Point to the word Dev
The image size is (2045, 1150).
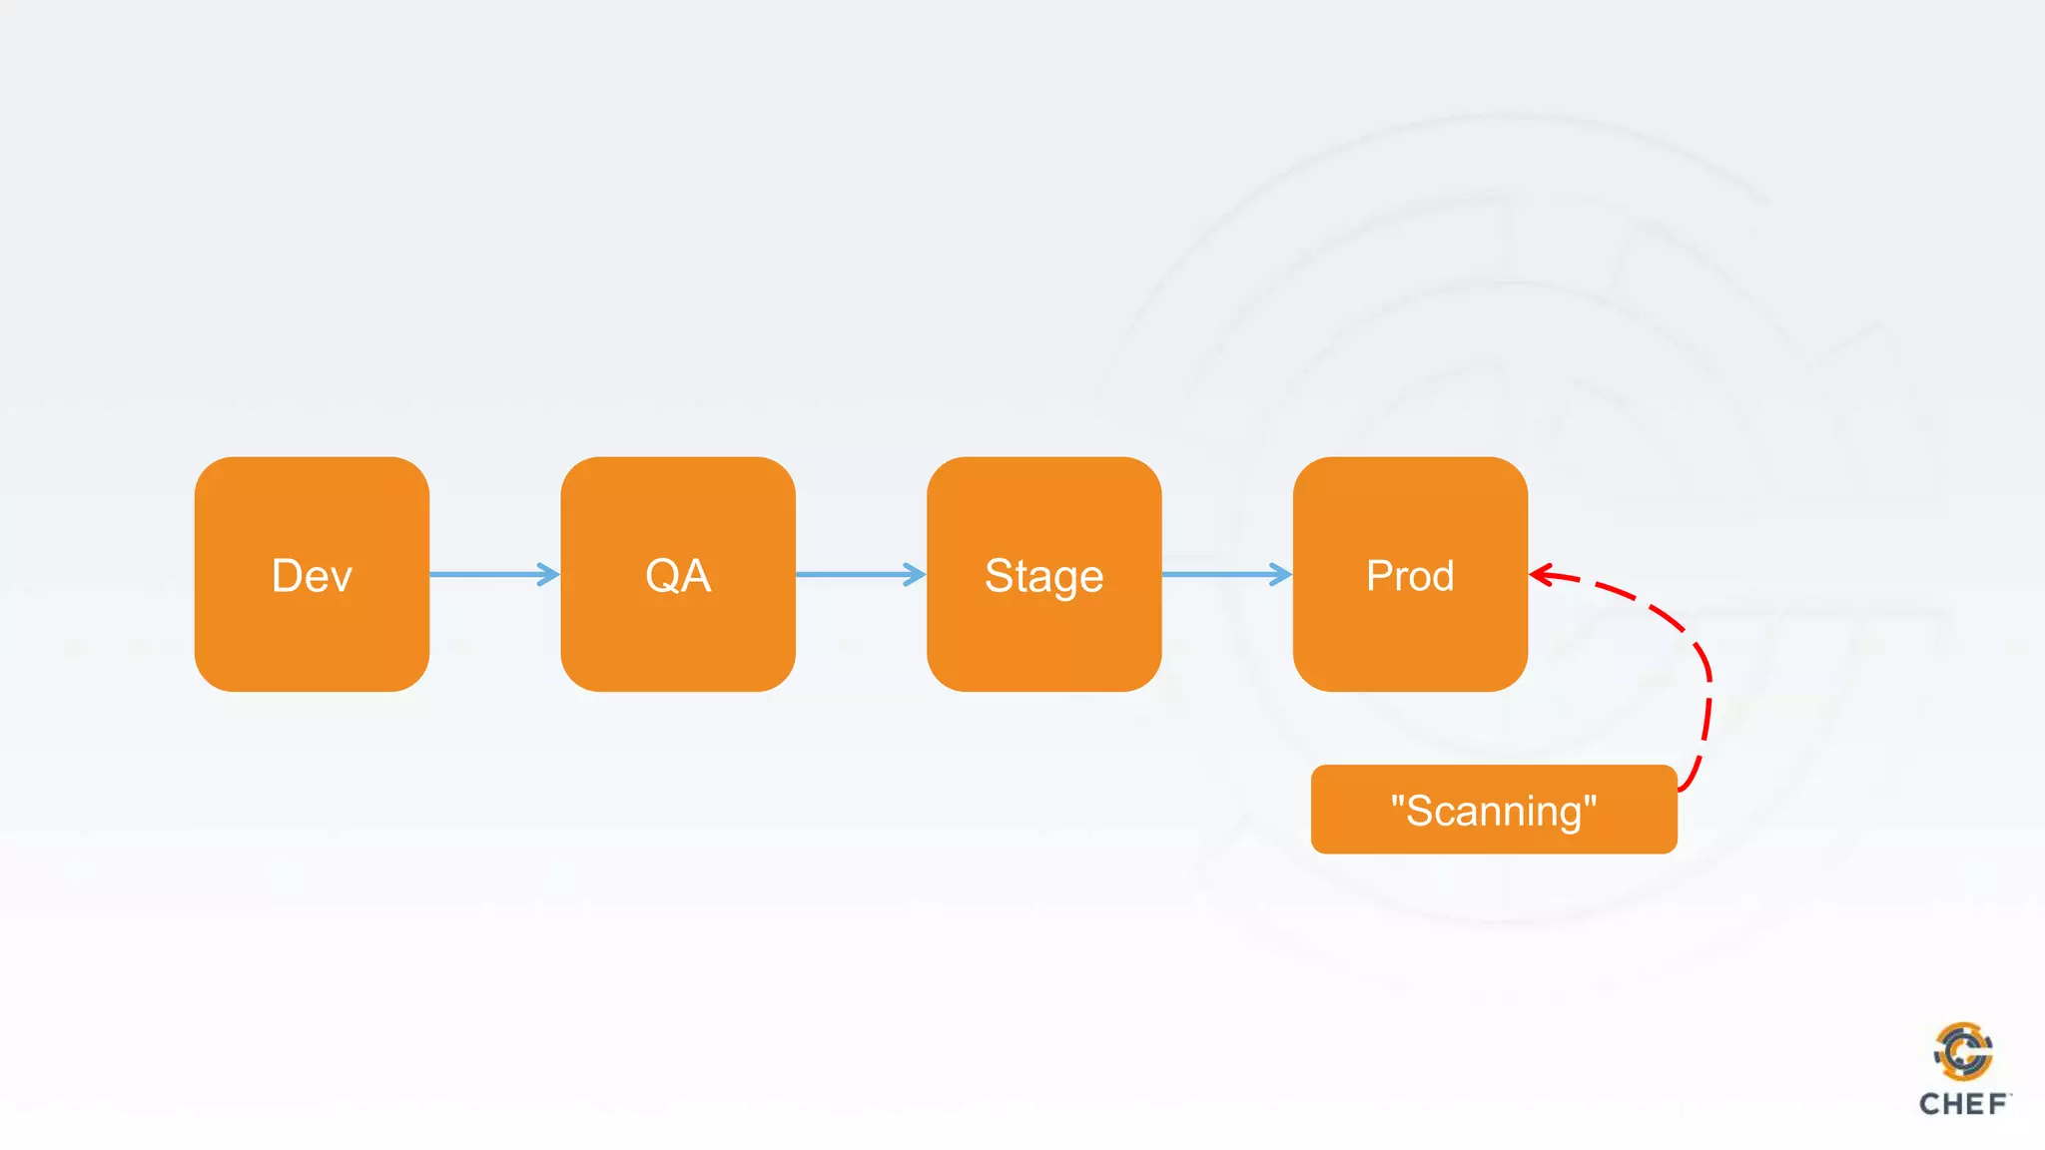312,576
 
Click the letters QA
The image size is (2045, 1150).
678,576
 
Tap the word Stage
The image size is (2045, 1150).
1043,576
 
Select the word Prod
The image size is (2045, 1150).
1410,576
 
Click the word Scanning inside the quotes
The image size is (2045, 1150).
1494,812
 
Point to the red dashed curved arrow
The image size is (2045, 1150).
1698,649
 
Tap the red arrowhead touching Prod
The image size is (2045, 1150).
1542,575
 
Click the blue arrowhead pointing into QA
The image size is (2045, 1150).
548,574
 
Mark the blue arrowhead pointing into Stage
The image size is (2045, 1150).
915,574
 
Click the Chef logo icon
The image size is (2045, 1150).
1963,1051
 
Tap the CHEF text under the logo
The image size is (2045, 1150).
1963,1104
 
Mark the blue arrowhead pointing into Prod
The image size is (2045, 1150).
1280,574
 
